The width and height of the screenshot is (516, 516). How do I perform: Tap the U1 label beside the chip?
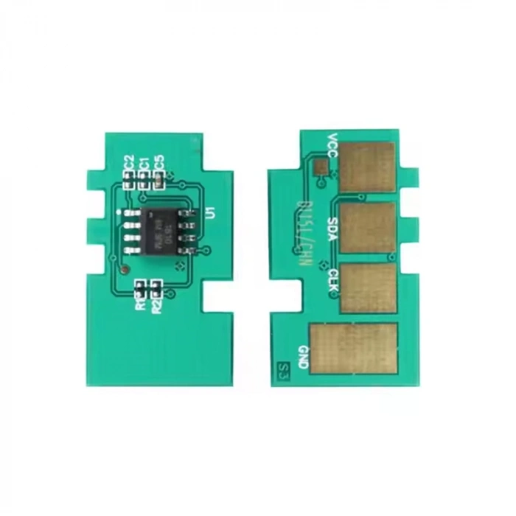[x=210, y=214]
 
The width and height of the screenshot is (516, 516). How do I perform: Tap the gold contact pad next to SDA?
[x=367, y=227]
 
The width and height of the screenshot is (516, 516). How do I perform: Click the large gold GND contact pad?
[x=354, y=349]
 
